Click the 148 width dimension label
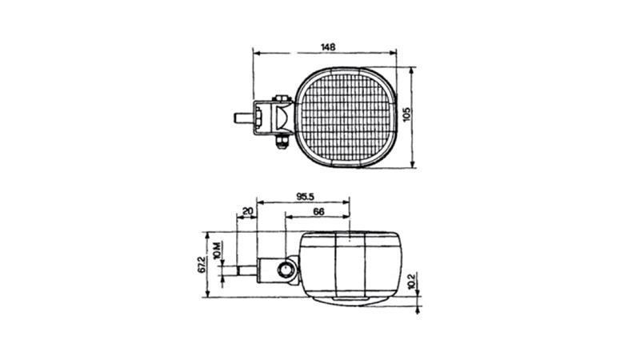click(x=328, y=47)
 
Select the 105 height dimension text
click(x=406, y=115)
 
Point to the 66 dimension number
click(x=318, y=211)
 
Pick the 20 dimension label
click(x=247, y=211)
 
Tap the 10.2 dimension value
click(x=410, y=282)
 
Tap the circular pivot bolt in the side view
click(x=286, y=271)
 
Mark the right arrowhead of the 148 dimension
click(x=394, y=54)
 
